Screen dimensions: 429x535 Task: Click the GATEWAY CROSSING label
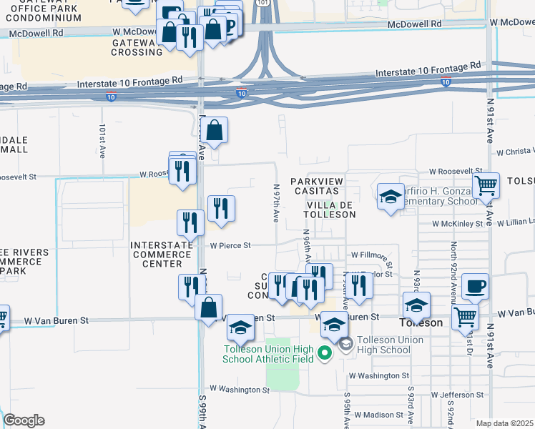[x=137, y=47]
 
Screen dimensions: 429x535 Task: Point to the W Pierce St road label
[x=230, y=245]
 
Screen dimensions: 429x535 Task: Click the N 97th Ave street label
[x=276, y=202]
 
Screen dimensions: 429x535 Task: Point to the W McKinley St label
[x=461, y=224]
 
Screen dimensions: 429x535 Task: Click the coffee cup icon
[x=475, y=287]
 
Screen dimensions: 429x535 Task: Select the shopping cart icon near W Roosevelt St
[x=486, y=185]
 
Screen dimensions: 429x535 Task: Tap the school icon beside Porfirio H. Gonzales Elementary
[x=391, y=197]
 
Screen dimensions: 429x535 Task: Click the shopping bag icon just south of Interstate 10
[x=214, y=131]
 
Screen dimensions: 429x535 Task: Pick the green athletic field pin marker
[x=324, y=352]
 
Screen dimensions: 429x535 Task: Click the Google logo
[x=24, y=420]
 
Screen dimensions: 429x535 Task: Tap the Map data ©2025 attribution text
[x=504, y=423]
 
